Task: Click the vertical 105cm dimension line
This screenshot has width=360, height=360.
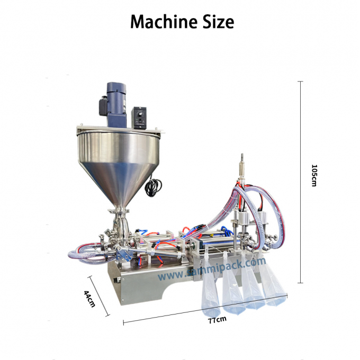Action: [300, 180]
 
